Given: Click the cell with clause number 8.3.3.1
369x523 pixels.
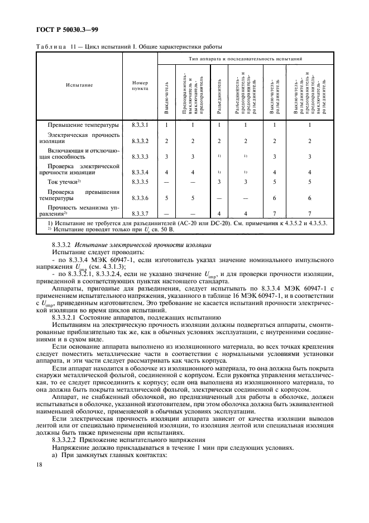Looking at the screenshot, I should [140, 125].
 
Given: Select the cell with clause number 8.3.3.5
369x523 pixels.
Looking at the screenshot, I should [140, 182].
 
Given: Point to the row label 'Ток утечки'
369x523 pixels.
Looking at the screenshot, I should [64, 182].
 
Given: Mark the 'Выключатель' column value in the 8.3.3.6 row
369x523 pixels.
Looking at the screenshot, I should [166, 197].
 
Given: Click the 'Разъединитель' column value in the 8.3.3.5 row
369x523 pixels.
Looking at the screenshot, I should [219, 182].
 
